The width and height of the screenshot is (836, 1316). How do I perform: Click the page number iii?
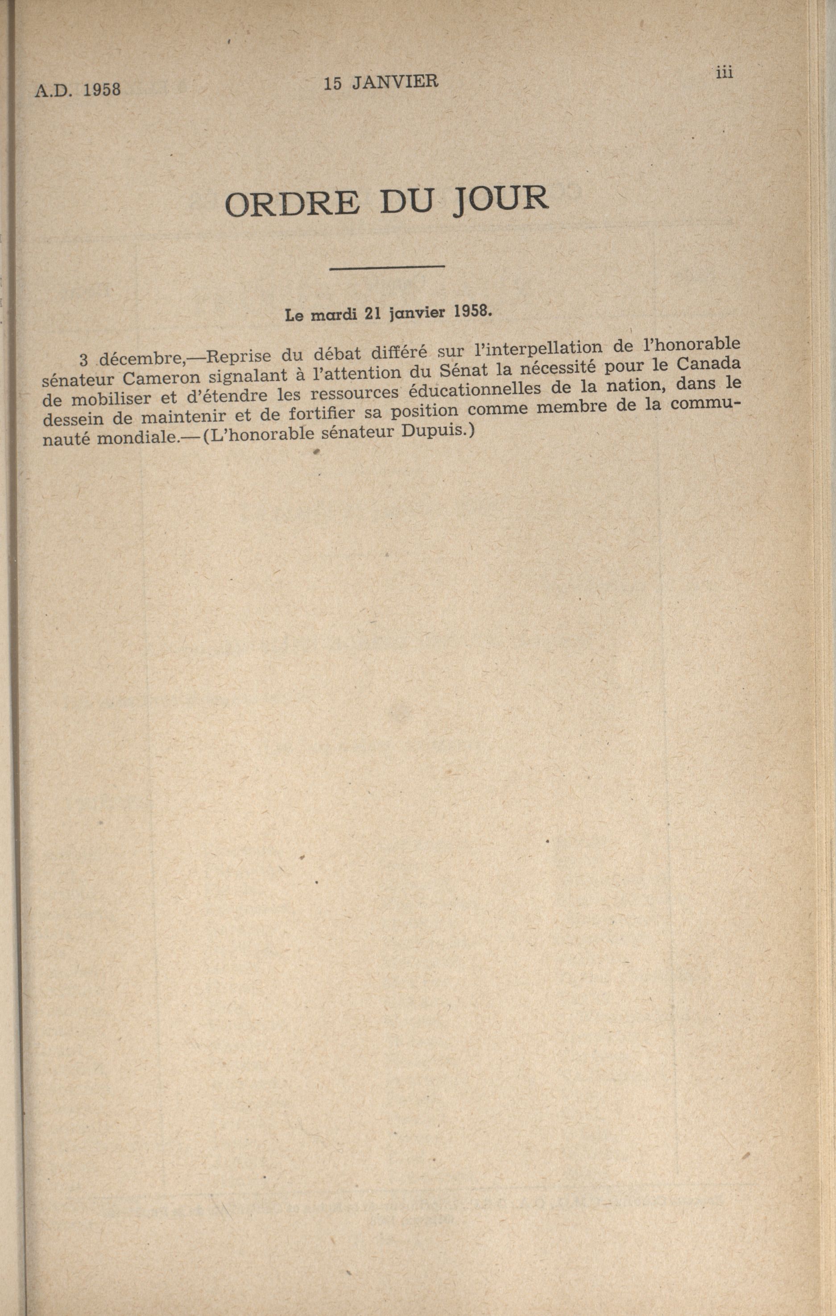pyautogui.click(x=724, y=73)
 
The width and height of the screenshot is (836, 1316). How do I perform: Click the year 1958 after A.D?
pyautogui.click(x=102, y=90)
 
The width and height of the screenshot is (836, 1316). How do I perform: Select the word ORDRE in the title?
pyautogui.click(x=292, y=204)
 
